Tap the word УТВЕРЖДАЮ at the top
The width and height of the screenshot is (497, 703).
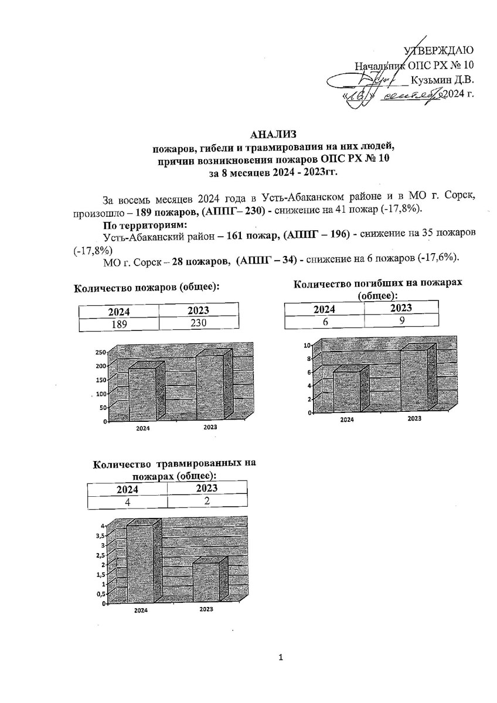pos(441,51)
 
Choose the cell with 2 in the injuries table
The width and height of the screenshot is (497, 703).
pos(207,501)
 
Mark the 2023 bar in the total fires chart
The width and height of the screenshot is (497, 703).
pos(208,387)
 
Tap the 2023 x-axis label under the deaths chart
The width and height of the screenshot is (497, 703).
pos(414,418)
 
